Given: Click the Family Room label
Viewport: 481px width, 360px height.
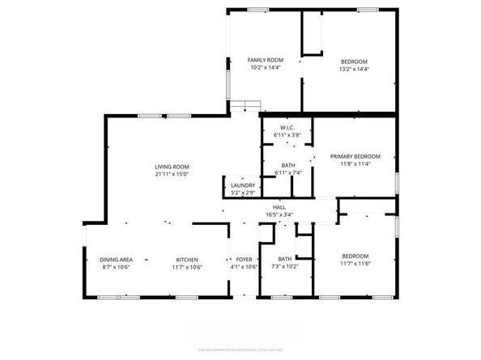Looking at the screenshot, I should [265, 60].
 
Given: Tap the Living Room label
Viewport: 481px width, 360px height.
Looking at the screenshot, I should [172, 167].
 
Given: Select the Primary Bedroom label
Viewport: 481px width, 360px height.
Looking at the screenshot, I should [355, 156].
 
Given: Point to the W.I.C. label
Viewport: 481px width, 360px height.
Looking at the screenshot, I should [287, 128].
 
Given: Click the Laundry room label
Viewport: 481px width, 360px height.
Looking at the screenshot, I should [243, 185].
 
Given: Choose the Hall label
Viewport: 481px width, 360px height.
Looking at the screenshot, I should [279, 208].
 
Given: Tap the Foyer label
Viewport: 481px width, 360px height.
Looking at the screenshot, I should [244, 259].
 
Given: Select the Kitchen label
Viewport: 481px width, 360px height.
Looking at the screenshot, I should [189, 259].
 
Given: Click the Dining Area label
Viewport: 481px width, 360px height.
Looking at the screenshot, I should [117, 259].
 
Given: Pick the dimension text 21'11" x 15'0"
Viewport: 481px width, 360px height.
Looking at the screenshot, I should [172, 174].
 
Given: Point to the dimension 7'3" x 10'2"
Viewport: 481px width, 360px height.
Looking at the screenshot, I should [285, 266].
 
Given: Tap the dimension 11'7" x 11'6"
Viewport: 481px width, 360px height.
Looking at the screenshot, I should [355, 263].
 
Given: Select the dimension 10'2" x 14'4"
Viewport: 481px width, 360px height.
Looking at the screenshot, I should [265, 67].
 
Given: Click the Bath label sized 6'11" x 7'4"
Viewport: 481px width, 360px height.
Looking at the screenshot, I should [287, 165].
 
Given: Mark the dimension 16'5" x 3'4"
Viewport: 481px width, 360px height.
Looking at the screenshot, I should [279, 215].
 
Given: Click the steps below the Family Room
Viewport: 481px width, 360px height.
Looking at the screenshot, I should [244, 104].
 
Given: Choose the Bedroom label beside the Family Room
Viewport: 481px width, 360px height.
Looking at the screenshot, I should [354, 61].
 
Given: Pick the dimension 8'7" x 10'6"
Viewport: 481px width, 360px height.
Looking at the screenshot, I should [117, 266].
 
